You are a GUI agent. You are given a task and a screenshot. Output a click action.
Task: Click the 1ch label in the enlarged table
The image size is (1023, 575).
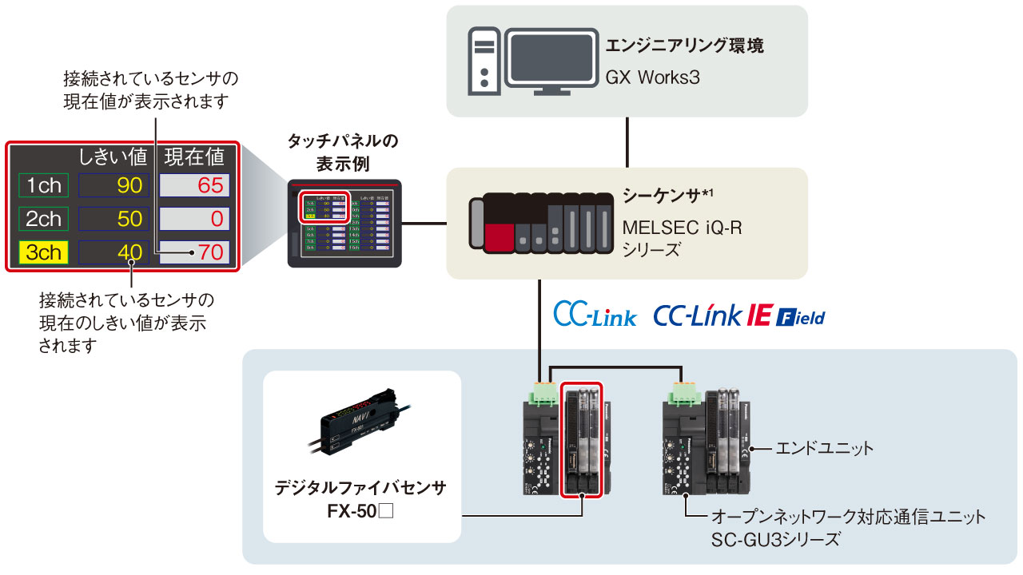[x=44, y=186]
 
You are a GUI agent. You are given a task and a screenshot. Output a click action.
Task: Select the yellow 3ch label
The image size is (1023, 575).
[x=44, y=252]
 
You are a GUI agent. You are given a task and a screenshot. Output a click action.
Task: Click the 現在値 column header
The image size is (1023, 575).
[x=195, y=157]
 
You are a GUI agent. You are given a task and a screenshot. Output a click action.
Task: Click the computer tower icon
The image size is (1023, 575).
[x=484, y=60]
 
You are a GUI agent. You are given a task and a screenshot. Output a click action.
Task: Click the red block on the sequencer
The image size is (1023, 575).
[x=499, y=237]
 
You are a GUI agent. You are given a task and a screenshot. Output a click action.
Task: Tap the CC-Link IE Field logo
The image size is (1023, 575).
[x=738, y=315]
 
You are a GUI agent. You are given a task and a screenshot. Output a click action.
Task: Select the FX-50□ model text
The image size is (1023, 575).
[x=362, y=509]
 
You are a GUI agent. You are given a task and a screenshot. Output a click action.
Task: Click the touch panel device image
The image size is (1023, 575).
[x=344, y=224]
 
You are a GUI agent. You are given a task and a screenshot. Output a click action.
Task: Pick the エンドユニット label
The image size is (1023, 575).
[x=824, y=449]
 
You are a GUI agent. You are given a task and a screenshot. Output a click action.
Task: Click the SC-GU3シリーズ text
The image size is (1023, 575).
[x=775, y=540]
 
